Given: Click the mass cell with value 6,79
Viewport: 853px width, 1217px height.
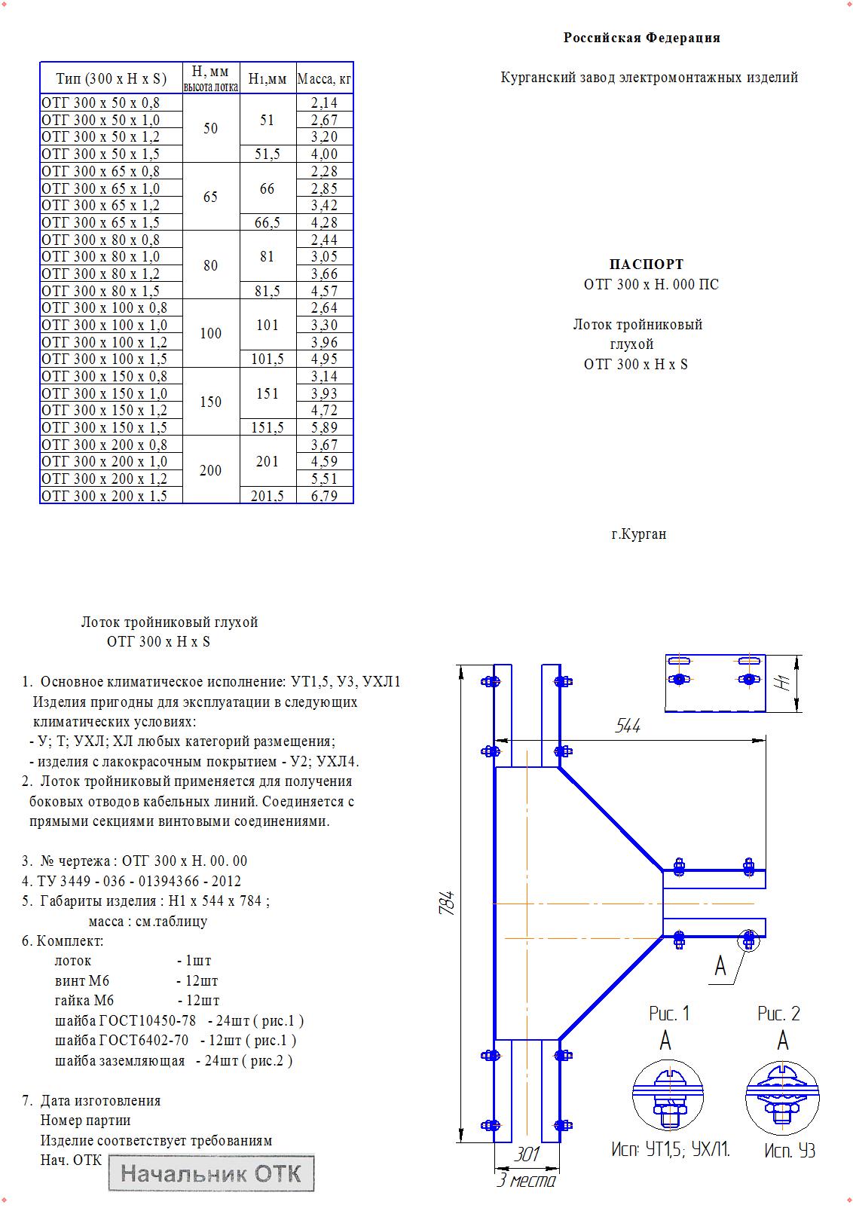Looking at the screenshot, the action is [x=324, y=496].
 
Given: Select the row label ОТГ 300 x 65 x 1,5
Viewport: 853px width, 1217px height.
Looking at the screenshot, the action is [x=100, y=222].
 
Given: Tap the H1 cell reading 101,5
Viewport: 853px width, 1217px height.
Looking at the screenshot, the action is [x=268, y=359].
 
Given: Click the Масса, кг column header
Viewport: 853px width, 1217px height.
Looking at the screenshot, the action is [x=324, y=79].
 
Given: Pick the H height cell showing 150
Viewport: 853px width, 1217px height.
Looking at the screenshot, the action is [x=211, y=402].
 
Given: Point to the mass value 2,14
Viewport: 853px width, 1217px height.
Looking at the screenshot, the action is [x=324, y=102].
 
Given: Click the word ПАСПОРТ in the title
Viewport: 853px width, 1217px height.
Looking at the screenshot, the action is [x=646, y=264].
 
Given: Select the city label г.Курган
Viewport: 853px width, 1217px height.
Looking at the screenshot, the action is [x=638, y=534].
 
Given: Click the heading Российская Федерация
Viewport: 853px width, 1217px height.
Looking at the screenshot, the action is [x=642, y=38].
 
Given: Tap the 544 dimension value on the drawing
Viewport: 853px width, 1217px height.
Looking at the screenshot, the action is [x=628, y=726].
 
